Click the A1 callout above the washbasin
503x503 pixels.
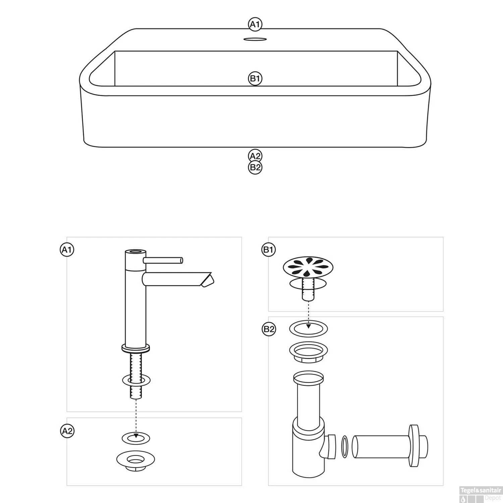pos(255,24)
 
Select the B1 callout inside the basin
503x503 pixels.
pos(255,79)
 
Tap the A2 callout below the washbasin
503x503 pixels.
pos(255,156)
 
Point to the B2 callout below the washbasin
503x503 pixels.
pos(255,167)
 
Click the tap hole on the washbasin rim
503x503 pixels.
pos(255,40)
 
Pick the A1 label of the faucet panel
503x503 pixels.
pos(67,250)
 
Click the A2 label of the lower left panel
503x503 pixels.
pos(67,431)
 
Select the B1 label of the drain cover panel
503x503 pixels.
pos(268,250)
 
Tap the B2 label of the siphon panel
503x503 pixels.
pos(268,329)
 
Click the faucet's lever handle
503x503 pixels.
pos(163,260)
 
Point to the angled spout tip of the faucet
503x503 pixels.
pos(208,280)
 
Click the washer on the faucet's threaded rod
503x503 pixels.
pos(136,380)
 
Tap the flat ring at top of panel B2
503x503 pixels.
pos(309,328)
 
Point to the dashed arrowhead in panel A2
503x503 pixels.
pos(136,436)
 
